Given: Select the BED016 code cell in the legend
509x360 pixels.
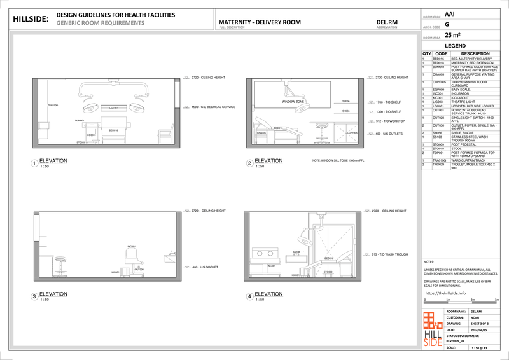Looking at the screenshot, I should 438,59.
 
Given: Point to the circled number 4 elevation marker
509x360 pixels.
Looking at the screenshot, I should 249,296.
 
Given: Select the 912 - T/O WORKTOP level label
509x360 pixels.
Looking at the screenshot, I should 390,121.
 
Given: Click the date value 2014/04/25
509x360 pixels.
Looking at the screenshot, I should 478,330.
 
